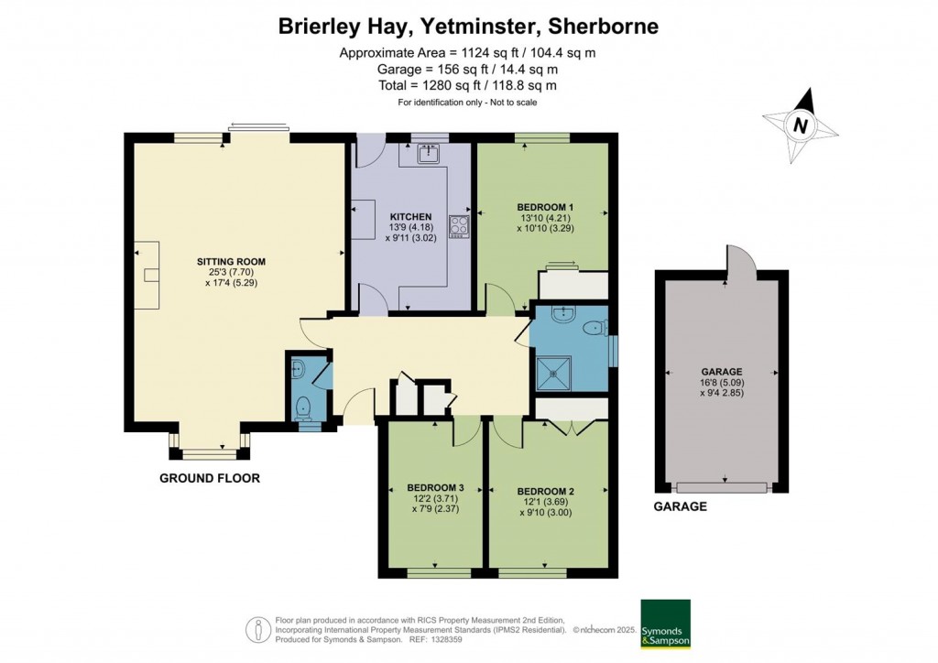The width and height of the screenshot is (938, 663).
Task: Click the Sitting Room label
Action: [225, 261]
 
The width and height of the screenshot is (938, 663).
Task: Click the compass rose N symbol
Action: [801, 126]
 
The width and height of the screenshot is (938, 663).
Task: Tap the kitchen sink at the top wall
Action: [429, 154]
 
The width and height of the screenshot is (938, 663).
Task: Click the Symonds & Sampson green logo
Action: [664, 625]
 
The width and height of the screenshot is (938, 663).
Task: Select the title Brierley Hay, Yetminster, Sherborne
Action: [468, 27]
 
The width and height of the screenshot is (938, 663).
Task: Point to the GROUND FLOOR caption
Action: [210, 478]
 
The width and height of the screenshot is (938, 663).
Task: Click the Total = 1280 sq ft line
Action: [467, 85]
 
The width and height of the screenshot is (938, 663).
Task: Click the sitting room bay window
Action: [209, 449]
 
